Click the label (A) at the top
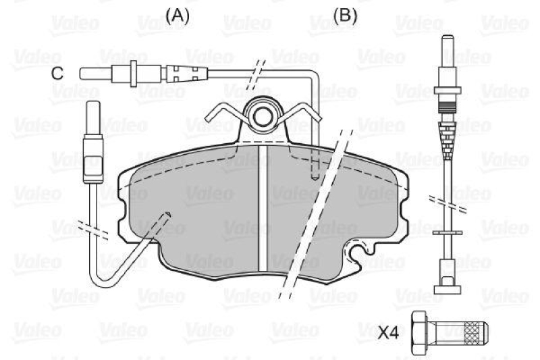177,14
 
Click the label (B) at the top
345,14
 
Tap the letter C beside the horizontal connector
59,73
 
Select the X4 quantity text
389,332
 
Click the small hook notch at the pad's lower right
352,253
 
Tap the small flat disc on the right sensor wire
446,233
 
